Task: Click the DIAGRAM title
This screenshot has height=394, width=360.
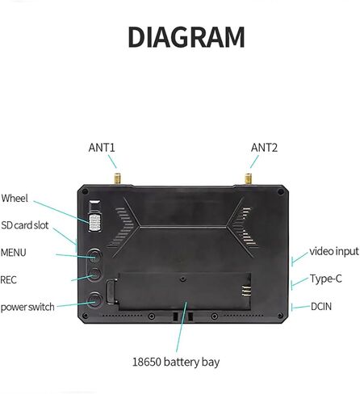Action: click(186, 37)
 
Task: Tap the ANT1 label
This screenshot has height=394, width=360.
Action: click(102, 148)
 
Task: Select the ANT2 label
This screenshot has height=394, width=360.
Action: click(264, 148)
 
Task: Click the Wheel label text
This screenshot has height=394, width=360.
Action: click(15, 199)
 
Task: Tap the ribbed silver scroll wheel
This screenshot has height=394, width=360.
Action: click(95, 223)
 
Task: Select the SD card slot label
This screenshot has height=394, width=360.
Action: click(25, 225)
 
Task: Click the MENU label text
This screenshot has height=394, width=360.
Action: click(13, 253)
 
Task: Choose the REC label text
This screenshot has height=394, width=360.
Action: click(8, 280)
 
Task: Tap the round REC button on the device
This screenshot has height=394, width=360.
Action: click(94, 274)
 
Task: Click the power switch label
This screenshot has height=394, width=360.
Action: click(27, 307)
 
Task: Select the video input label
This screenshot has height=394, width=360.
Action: click(334, 252)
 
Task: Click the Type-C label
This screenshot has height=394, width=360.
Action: click(326, 279)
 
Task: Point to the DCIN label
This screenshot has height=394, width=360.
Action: click(321, 307)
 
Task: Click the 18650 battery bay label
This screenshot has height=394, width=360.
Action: click(176, 362)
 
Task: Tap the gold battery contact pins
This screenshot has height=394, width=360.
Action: click(245, 291)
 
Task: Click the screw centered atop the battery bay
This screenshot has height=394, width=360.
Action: click(183, 279)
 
